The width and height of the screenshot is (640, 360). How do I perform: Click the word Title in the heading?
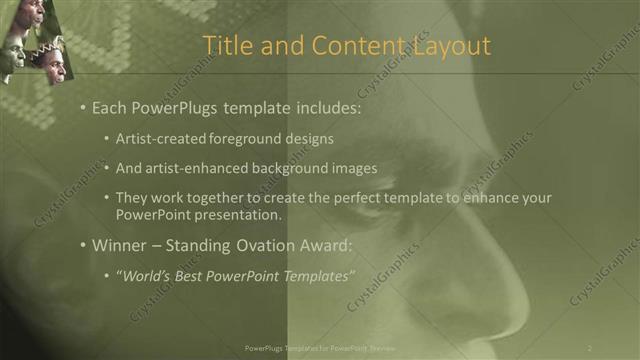(x=227, y=46)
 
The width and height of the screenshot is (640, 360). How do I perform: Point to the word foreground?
(x=239, y=138)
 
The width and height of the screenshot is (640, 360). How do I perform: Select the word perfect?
(x=369, y=198)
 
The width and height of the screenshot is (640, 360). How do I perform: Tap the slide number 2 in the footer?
(x=590, y=347)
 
